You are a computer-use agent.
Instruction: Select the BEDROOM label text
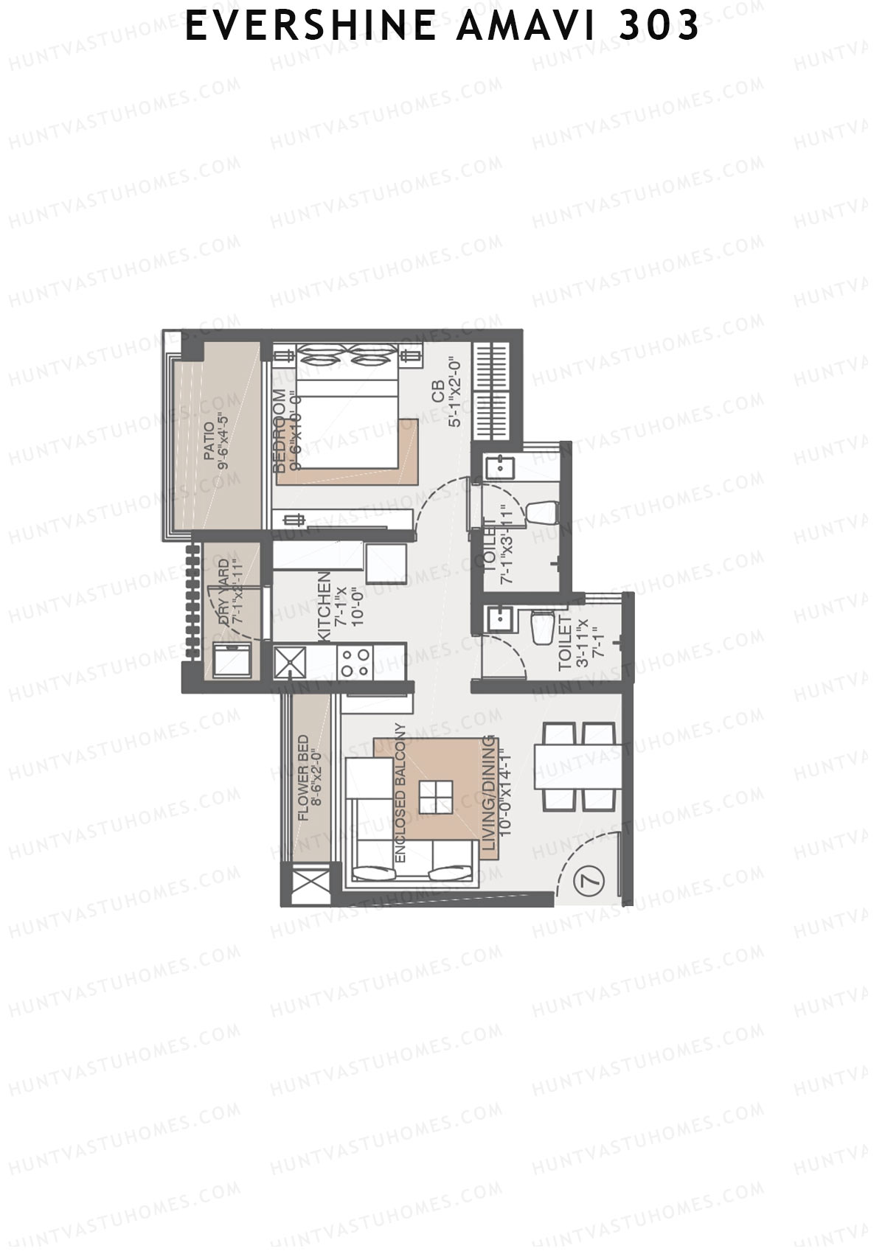[279, 431]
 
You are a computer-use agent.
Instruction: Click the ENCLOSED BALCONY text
[400, 793]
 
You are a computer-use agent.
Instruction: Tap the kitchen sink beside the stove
[289, 661]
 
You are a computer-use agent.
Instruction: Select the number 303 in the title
[658, 27]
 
